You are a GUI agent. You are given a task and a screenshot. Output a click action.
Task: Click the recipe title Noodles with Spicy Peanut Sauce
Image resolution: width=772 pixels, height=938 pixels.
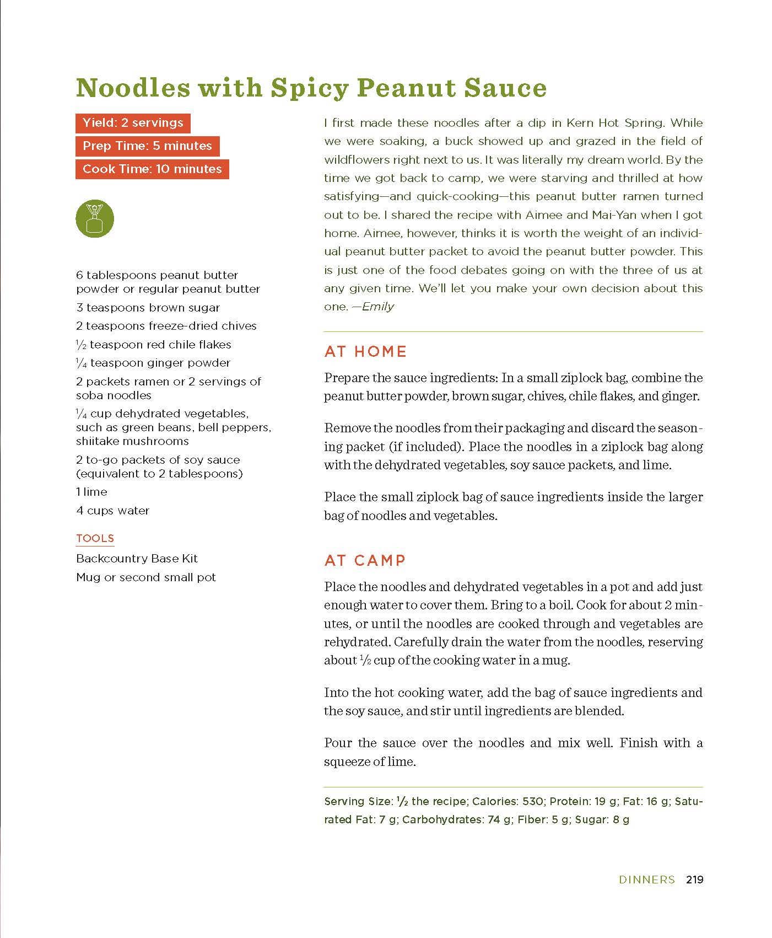pos(311,88)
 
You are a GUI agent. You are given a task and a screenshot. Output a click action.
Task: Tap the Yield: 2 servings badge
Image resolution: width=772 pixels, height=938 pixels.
pos(133,123)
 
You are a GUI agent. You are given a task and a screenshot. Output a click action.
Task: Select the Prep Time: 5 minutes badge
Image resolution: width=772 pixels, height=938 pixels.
pos(147,146)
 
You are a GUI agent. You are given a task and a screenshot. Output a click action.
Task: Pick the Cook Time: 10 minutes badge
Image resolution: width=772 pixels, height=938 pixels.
pos(152,169)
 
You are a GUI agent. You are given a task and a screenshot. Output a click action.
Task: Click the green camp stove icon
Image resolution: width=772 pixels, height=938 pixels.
pos(95,219)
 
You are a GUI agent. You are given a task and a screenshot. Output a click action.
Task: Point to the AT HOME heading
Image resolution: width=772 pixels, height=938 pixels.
pos(365,351)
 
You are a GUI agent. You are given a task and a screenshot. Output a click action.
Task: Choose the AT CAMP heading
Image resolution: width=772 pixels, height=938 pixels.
pos(365,560)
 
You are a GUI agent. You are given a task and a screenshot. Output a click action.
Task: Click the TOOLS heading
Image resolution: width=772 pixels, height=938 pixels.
pos(95,538)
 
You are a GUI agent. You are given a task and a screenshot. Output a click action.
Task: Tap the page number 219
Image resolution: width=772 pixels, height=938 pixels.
pos(694,880)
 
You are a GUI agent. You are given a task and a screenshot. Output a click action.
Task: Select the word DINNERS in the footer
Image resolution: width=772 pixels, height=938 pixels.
pos(647,880)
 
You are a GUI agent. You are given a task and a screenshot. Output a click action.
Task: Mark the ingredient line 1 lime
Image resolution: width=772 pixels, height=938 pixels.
pos(92,492)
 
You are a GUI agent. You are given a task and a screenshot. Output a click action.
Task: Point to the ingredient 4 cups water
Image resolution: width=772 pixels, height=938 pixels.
pos(113,511)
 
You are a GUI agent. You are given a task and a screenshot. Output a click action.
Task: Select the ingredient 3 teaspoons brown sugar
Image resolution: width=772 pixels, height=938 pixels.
pos(148,308)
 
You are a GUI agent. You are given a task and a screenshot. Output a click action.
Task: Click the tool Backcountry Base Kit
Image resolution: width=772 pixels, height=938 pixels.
pos(137,559)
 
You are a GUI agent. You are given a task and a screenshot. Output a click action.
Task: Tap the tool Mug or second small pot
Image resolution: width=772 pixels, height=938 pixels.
pos(146,577)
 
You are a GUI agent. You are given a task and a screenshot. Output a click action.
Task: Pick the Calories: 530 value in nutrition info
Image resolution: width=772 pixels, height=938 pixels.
pos(508,801)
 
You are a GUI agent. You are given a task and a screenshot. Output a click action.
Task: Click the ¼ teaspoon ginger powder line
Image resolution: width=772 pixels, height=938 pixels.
pos(153,363)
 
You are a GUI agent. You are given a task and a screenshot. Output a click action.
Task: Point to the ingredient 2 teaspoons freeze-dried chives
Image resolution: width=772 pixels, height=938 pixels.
pos(166,326)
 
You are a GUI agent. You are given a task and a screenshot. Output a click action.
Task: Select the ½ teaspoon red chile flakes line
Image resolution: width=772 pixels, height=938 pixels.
pos(154,345)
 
